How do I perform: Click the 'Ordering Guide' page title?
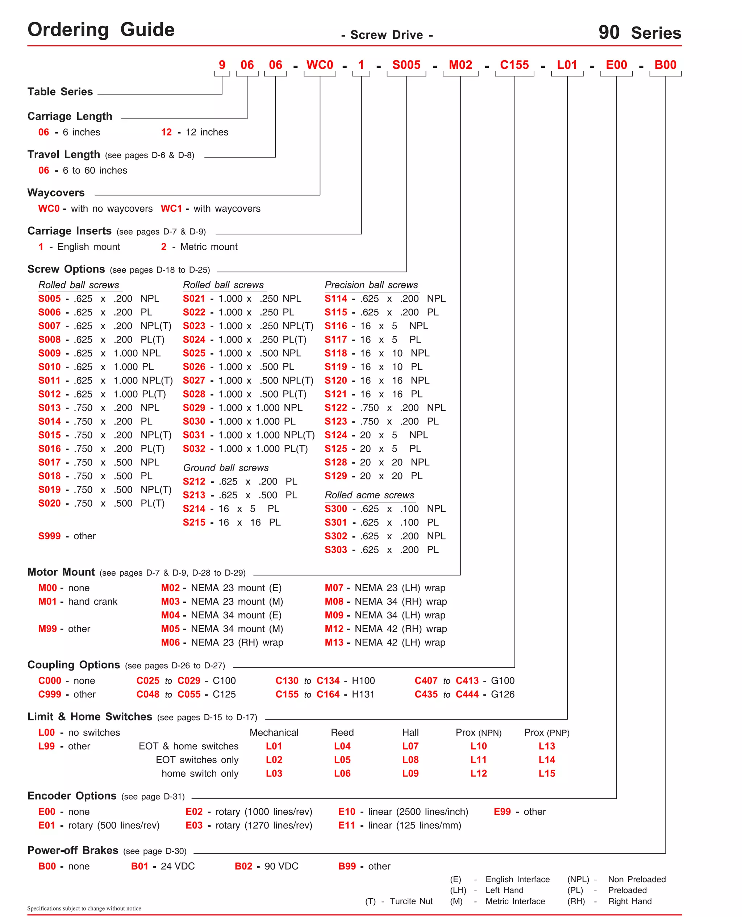[x=101, y=30]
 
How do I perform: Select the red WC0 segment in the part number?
[x=319, y=65]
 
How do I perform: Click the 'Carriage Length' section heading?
[x=70, y=116]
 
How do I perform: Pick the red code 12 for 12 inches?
[x=166, y=132]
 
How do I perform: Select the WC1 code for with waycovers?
[x=171, y=209]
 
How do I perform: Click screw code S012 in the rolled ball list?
[x=49, y=394]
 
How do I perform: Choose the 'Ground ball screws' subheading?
[x=226, y=468]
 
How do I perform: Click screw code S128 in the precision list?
[x=335, y=462]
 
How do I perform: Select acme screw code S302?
[x=335, y=536]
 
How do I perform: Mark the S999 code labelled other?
[x=49, y=536]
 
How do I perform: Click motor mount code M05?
[x=170, y=629]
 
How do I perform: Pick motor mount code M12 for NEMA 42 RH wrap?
[x=334, y=629]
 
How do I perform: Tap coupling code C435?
[x=426, y=694]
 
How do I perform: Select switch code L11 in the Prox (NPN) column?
[x=478, y=760]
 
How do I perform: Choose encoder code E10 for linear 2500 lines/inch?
[x=347, y=812]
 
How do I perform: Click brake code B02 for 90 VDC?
[x=243, y=866]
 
